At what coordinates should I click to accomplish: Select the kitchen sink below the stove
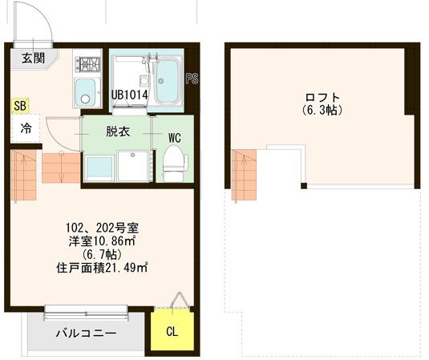[85, 91]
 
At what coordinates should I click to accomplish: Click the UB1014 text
[127, 95]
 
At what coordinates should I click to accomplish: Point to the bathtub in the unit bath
[168, 81]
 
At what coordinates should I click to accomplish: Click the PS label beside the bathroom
[191, 79]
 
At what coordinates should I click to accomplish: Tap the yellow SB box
[19, 106]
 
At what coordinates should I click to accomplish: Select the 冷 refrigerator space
[25, 128]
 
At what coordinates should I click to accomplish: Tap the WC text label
[174, 137]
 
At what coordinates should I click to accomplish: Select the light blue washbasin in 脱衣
[99, 168]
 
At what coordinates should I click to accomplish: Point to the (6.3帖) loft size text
[323, 109]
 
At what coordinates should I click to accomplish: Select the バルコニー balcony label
[86, 333]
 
